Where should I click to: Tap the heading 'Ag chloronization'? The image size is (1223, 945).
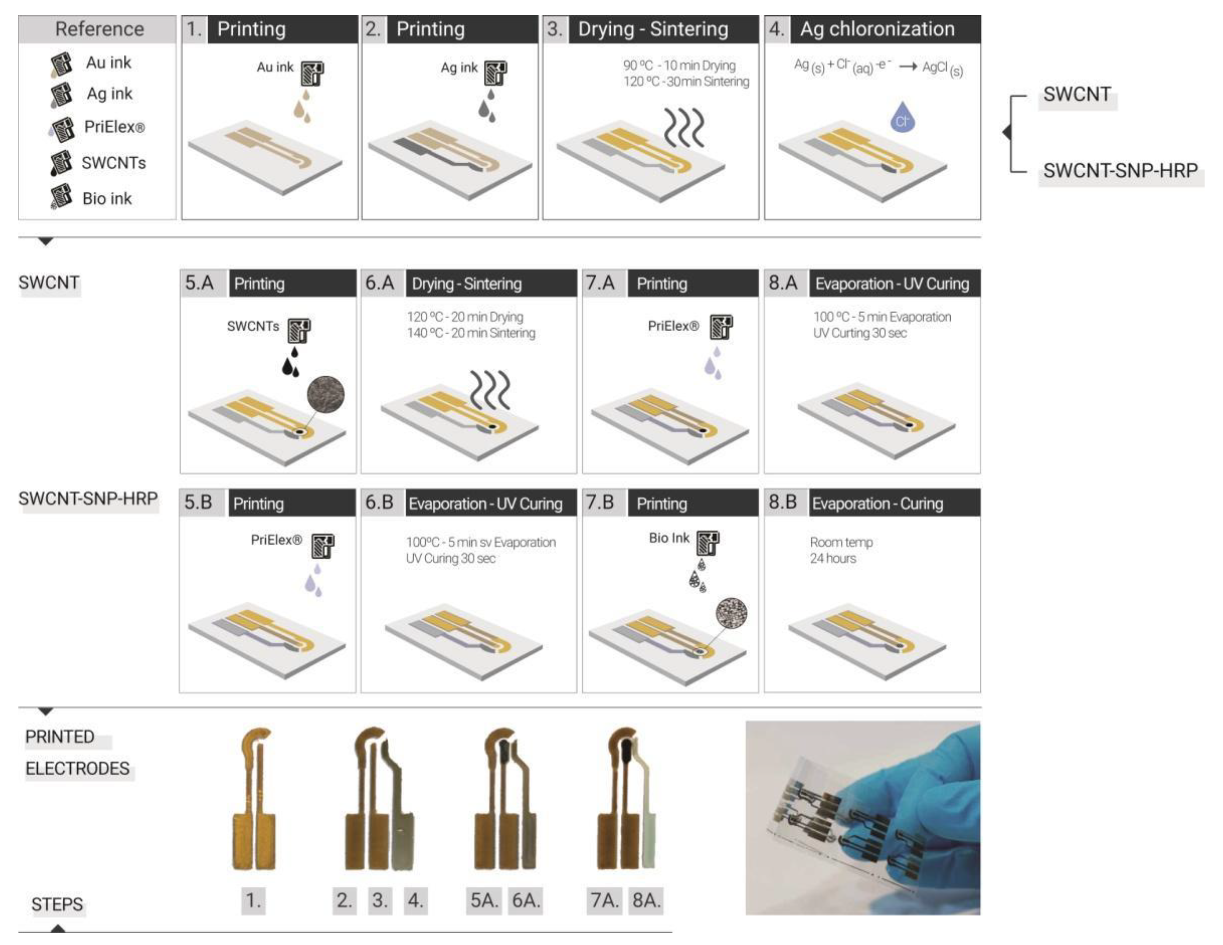(877, 29)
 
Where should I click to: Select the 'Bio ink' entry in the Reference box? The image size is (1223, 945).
(107, 198)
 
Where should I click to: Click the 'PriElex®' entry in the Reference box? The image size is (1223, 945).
(114, 127)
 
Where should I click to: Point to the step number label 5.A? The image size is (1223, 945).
(199, 283)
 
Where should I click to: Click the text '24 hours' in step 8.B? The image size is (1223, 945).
(833, 558)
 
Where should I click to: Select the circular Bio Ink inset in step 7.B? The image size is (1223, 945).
(731, 613)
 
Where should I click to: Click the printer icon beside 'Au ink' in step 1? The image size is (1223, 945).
(312, 73)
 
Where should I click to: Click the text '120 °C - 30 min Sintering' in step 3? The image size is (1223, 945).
(686, 82)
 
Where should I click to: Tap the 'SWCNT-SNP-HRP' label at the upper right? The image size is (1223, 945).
(1120, 171)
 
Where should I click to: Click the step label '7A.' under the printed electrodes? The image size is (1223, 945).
(604, 900)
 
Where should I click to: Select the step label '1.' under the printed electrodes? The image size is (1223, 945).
(253, 900)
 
